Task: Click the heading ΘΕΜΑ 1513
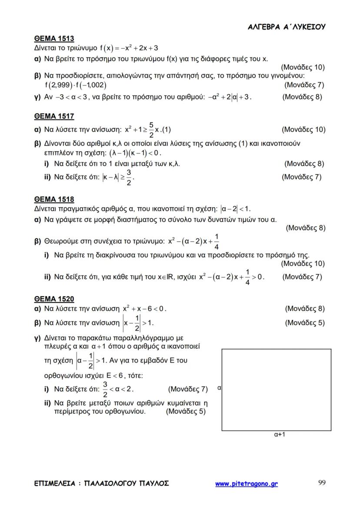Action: tap(54, 38)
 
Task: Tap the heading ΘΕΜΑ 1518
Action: tap(54, 200)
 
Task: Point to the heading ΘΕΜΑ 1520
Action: tap(54, 299)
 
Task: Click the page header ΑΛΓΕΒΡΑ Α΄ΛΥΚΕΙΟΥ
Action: tap(287, 27)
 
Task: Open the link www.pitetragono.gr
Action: tap(246, 483)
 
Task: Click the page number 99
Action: tap(322, 483)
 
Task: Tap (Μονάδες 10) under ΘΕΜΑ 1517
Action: tap(303, 129)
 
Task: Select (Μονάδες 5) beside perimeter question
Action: tap(186, 411)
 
